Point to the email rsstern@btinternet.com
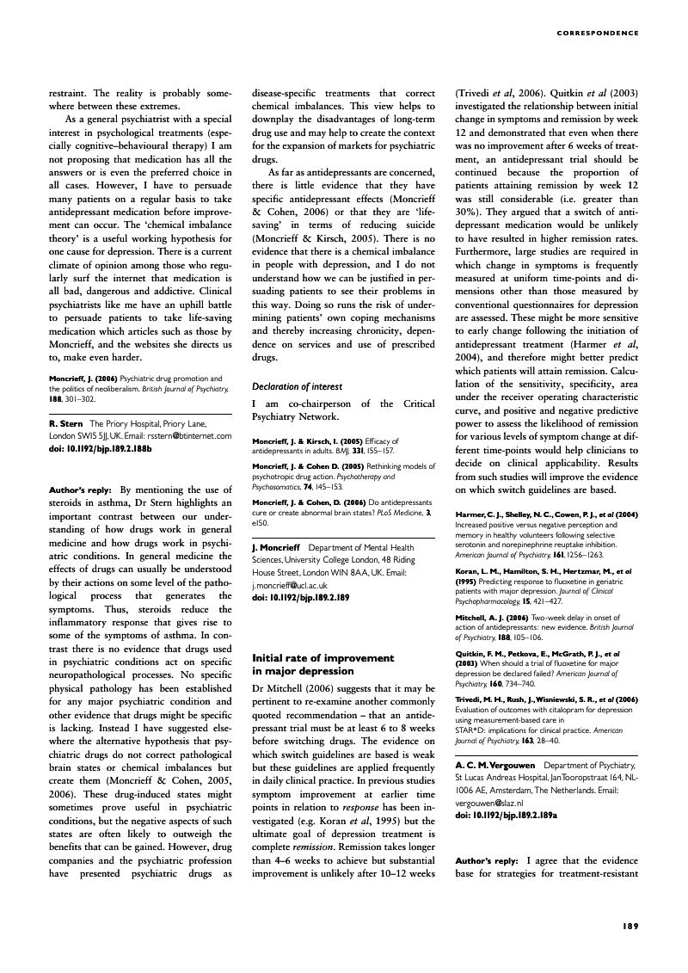(x=194, y=435)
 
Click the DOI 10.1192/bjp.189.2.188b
(x=100, y=447)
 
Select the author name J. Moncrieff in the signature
(x=275, y=547)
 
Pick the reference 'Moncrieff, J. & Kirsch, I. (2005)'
(x=301, y=440)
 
